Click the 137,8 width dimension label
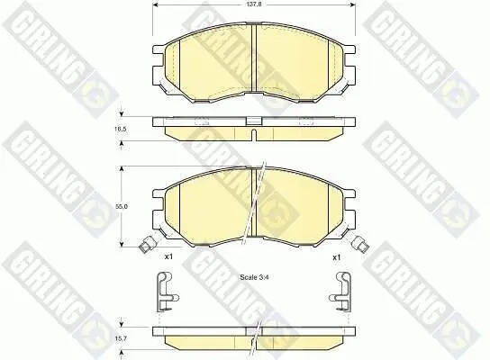[251, 5]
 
